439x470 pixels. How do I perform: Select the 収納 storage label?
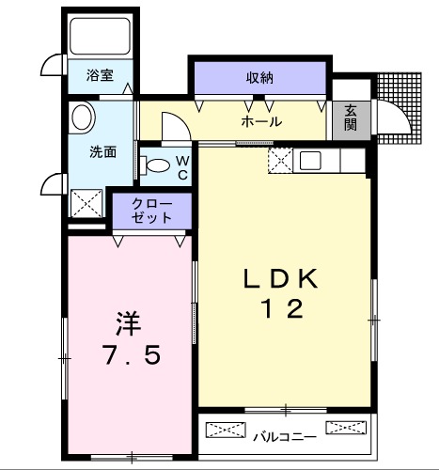(x=260, y=78)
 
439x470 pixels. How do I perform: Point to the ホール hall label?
(x=261, y=121)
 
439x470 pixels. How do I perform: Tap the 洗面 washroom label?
(x=103, y=151)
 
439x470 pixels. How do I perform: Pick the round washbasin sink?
(x=83, y=118)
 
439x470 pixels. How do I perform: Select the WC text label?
(x=183, y=167)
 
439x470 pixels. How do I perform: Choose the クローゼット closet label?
(x=152, y=210)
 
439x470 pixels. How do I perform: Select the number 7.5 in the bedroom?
(x=131, y=356)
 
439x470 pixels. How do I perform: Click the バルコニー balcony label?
(x=284, y=436)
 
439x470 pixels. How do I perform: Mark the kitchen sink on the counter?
(x=311, y=161)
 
